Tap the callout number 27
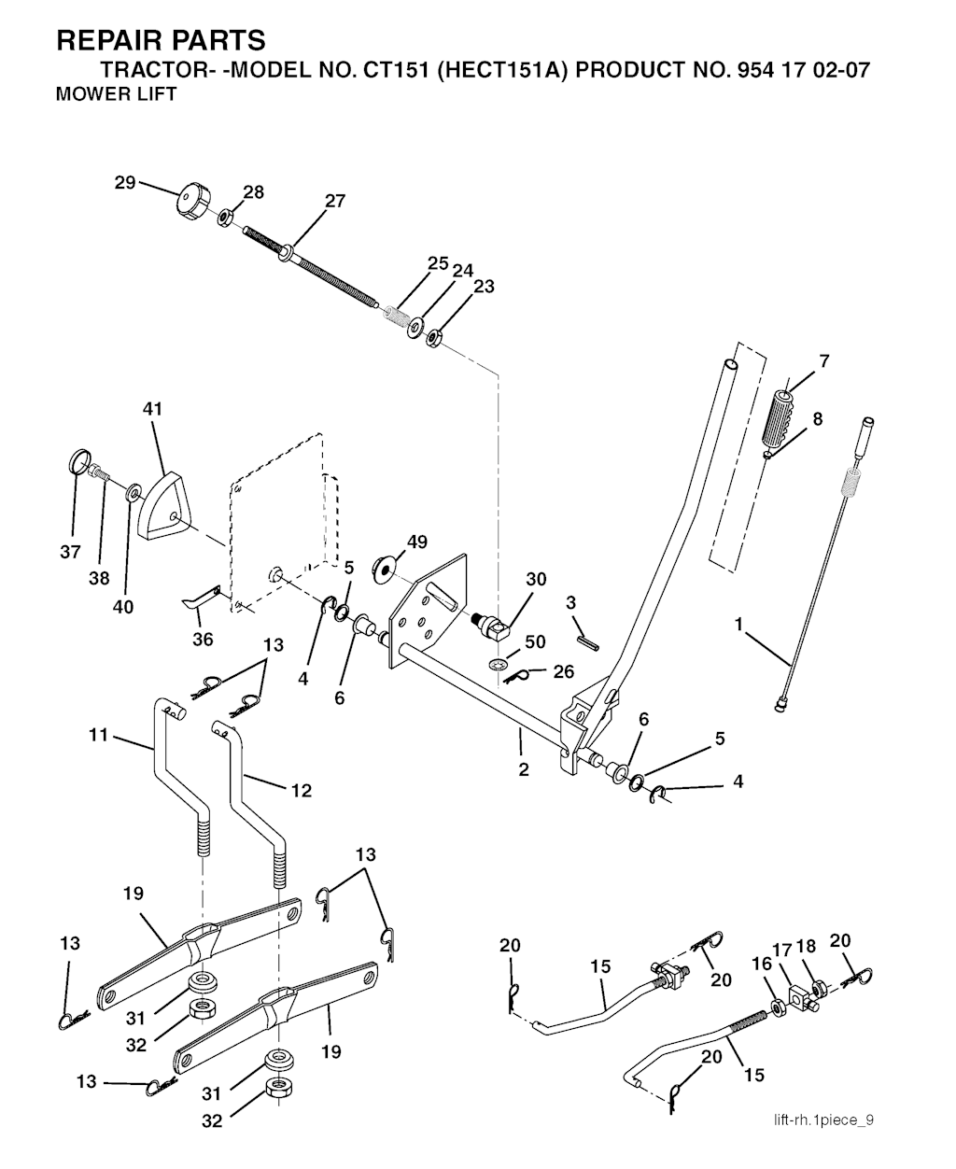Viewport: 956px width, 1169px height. tap(334, 201)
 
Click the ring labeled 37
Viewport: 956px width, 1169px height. tap(82, 463)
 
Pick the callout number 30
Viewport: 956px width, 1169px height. tap(535, 579)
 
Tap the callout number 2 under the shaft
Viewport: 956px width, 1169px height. tap(524, 769)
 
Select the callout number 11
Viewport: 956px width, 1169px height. tap(99, 736)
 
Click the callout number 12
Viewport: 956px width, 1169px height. tap(301, 790)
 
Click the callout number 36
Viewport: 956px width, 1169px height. tap(203, 639)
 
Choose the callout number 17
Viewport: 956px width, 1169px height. tap(781, 949)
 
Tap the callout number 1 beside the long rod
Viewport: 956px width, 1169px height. tap(738, 625)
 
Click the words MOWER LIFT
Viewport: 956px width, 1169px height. tap(117, 94)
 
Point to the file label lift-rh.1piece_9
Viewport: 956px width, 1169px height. tap(822, 1120)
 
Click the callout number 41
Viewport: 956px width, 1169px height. tap(152, 408)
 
